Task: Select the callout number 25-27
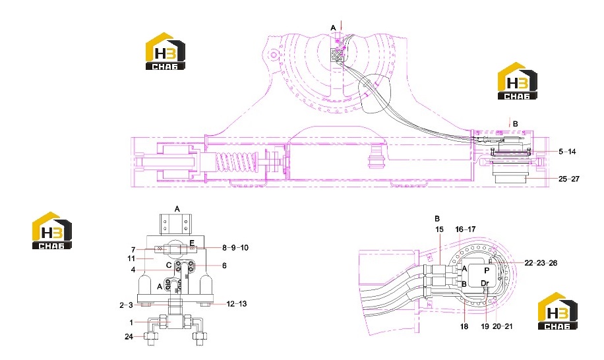tap(568, 179)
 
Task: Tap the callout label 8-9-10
tap(235, 247)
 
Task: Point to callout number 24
tap(129, 336)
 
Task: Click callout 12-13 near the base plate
tap(236, 304)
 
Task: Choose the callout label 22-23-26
tap(541, 263)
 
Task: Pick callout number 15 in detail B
tap(439, 229)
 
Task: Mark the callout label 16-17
tap(465, 229)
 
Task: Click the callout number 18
tap(464, 326)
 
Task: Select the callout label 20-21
tap(502, 326)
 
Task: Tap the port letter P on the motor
tap(487, 270)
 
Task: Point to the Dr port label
tap(485, 284)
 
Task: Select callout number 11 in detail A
tap(131, 258)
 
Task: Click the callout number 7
tap(133, 250)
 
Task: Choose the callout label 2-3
tap(126, 305)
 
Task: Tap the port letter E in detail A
tap(192, 243)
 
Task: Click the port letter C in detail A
tap(169, 265)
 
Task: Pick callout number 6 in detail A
tap(224, 265)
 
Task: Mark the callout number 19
tap(485, 326)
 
